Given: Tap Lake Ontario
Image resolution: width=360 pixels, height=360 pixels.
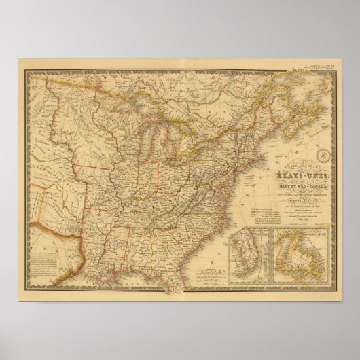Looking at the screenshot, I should (206, 142).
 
